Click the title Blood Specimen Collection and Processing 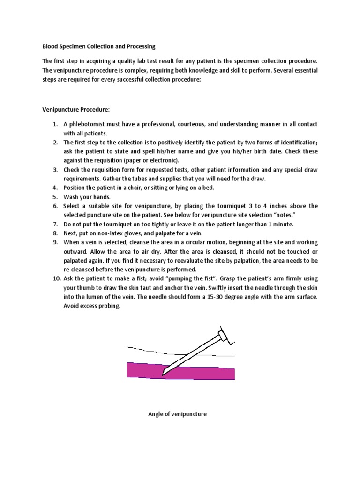click(99, 47)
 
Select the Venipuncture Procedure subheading click(76, 109)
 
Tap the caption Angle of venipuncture click(177, 414)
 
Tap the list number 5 click(54, 197)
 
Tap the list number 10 click(55, 279)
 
